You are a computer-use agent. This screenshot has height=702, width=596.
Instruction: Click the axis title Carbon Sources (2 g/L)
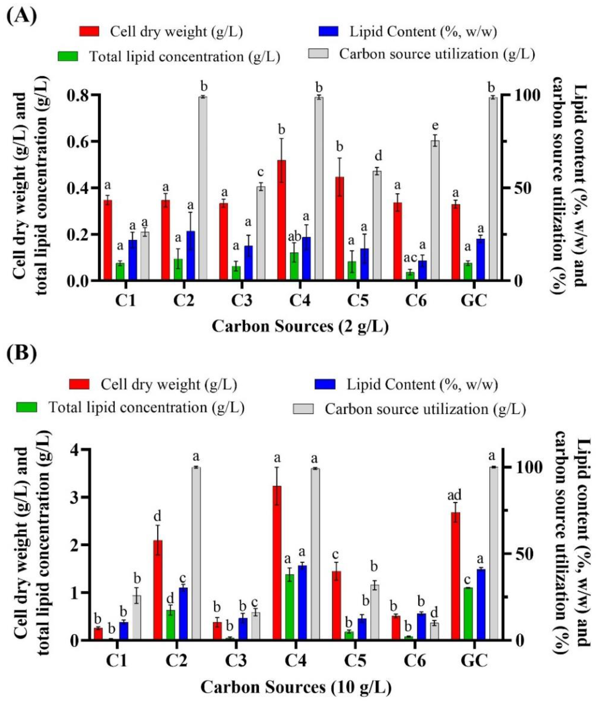pyautogui.click(x=300, y=327)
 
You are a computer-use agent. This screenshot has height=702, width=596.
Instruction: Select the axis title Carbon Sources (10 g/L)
pyautogui.click(x=296, y=687)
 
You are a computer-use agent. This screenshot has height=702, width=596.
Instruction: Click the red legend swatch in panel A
pyautogui.click(x=90, y=31)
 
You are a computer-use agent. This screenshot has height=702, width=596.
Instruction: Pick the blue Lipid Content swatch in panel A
pyautogui.click(x=328, y=31)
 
